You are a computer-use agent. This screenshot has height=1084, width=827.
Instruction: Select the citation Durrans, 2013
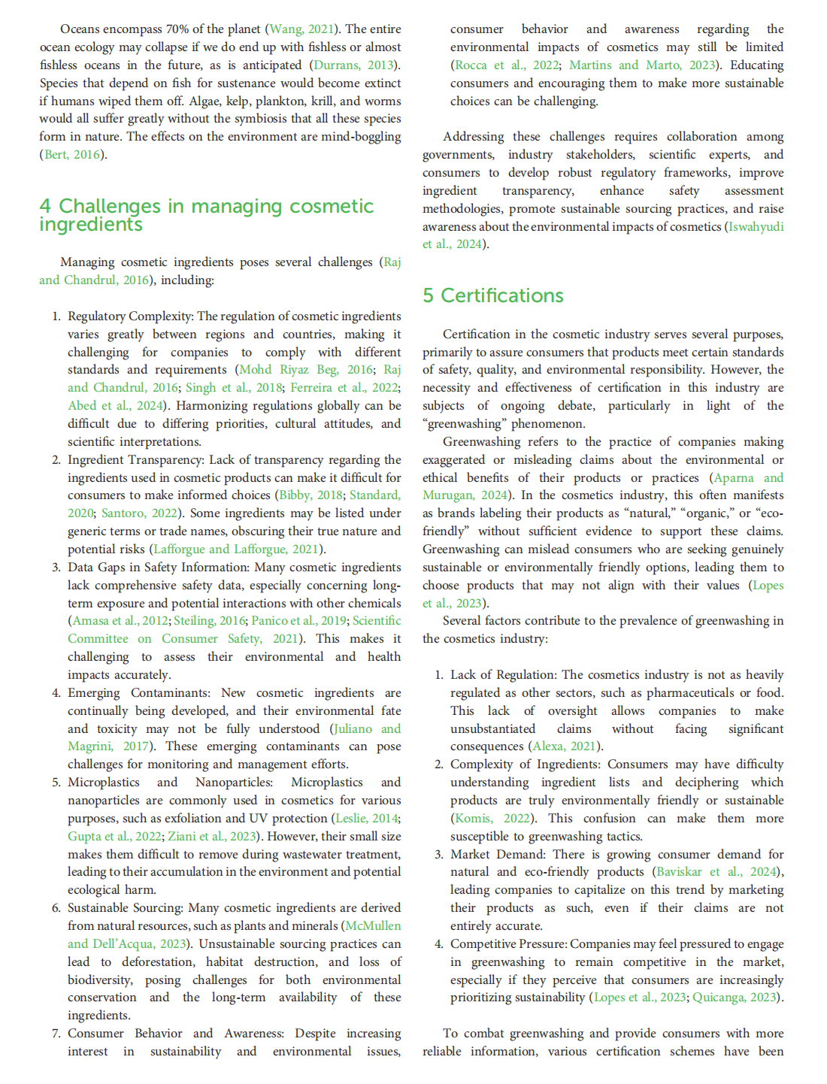[x=345, y=65]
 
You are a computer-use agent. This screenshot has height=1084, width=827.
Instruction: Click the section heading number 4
[x=45, y=206]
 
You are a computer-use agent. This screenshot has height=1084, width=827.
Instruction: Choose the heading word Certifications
[x=501, y=295]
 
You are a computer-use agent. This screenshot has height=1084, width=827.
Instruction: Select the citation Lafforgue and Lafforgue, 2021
[x=236, y=549]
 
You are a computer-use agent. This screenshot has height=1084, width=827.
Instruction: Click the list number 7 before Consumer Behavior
[x=56, y=1034]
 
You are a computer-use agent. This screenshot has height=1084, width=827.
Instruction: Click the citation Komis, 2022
[x=492, y=819]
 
